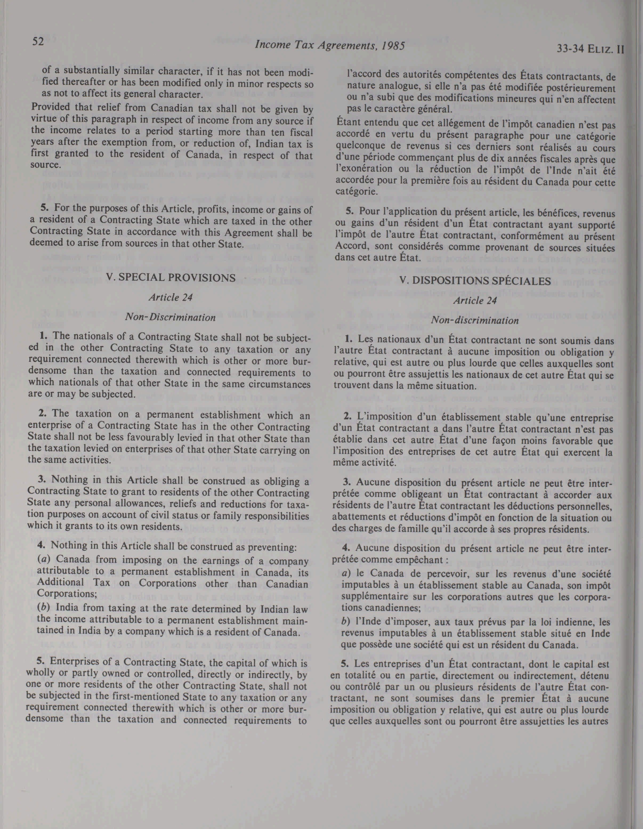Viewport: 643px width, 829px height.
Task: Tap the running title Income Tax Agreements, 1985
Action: pyautogui.click(x=329, y=46)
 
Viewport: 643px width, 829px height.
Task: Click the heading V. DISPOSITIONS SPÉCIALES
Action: pyautogui.click(x=475, y=281)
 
